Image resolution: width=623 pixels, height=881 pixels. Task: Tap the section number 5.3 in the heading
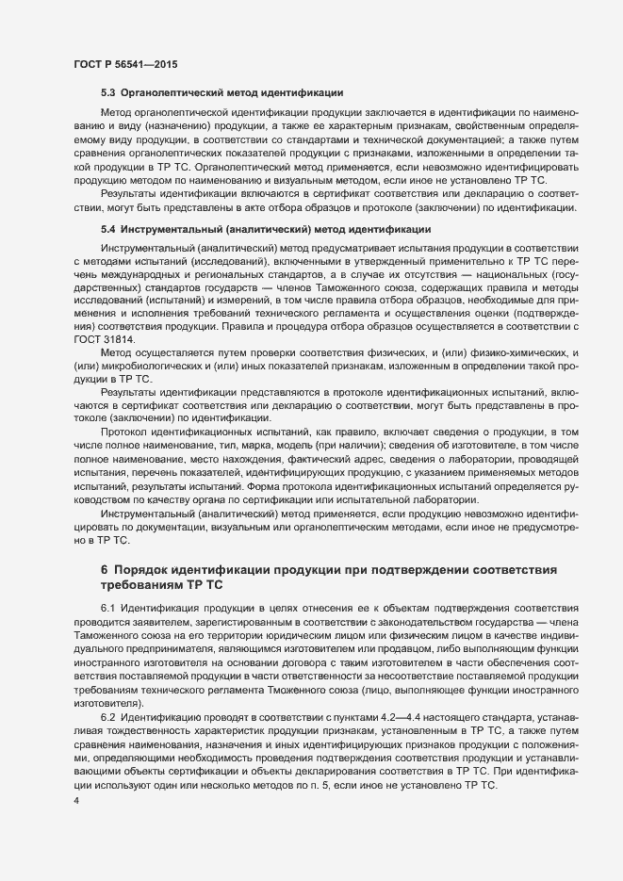click(107, 93)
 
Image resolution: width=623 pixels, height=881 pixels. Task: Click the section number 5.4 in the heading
click(107, 229)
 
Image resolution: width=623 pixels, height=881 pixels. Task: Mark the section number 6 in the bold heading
click(104, 570)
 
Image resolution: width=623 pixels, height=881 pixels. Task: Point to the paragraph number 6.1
click(107, 608)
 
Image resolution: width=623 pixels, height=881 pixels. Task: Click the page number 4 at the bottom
click(76, 801)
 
